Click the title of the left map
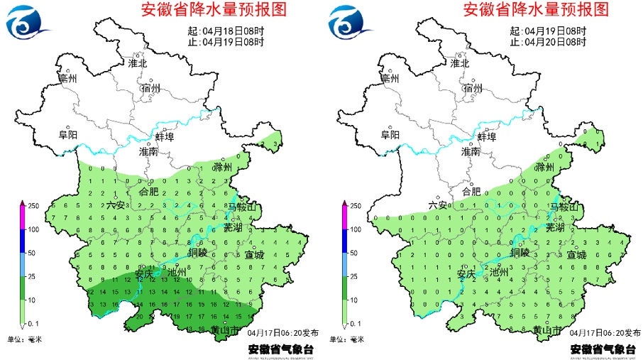(214, 10)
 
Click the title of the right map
(536, 10)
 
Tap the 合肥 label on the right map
(471, 191)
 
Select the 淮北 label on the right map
(460, 63)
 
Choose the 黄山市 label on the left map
(225, 329)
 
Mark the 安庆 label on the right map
(466, 273)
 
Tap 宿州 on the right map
(472, 89)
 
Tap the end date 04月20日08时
(555, 42)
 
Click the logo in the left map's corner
(27, 23)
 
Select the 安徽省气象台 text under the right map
(601, 349)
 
